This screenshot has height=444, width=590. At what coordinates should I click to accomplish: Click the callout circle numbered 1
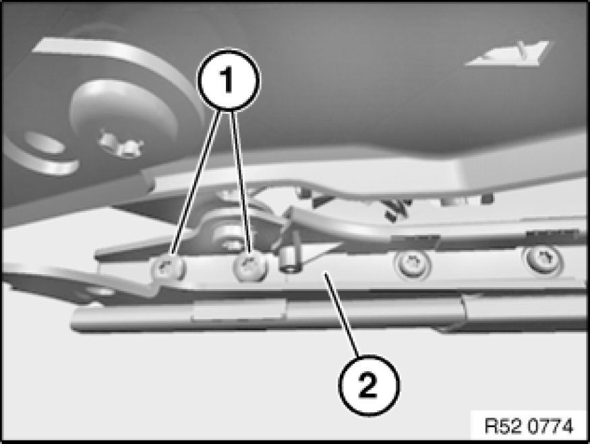pyautogui.click(x=229, y=80)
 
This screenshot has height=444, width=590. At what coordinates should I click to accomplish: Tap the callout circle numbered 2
pyautogui.click(x=369, y=385)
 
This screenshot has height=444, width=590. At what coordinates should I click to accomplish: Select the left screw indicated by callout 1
pyautogui.click(x=168, y=268)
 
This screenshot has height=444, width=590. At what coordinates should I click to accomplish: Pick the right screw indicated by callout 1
pyautogui.click(x=250, y=267)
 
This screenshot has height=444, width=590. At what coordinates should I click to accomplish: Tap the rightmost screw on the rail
pyautogui.click(x=543, y=259)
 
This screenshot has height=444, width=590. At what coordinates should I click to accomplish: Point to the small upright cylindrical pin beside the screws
pyautogui.click(x=289, y=260)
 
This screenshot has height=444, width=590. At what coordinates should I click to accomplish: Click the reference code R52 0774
pyautogui.click(x=528, y=426)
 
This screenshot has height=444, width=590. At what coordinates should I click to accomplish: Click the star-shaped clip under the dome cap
pyautogui.click(x=121, y=146)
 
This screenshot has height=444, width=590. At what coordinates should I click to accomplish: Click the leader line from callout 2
pyautogui.click(x=343, y=314)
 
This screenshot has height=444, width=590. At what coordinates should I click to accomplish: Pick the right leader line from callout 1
pyautogui.click(x=241, y=181)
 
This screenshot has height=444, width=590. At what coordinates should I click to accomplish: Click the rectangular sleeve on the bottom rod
pyautogui.click(x=238, y=312)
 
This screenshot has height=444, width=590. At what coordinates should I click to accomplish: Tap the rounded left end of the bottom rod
pyautogui.click(x=77, y=319)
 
